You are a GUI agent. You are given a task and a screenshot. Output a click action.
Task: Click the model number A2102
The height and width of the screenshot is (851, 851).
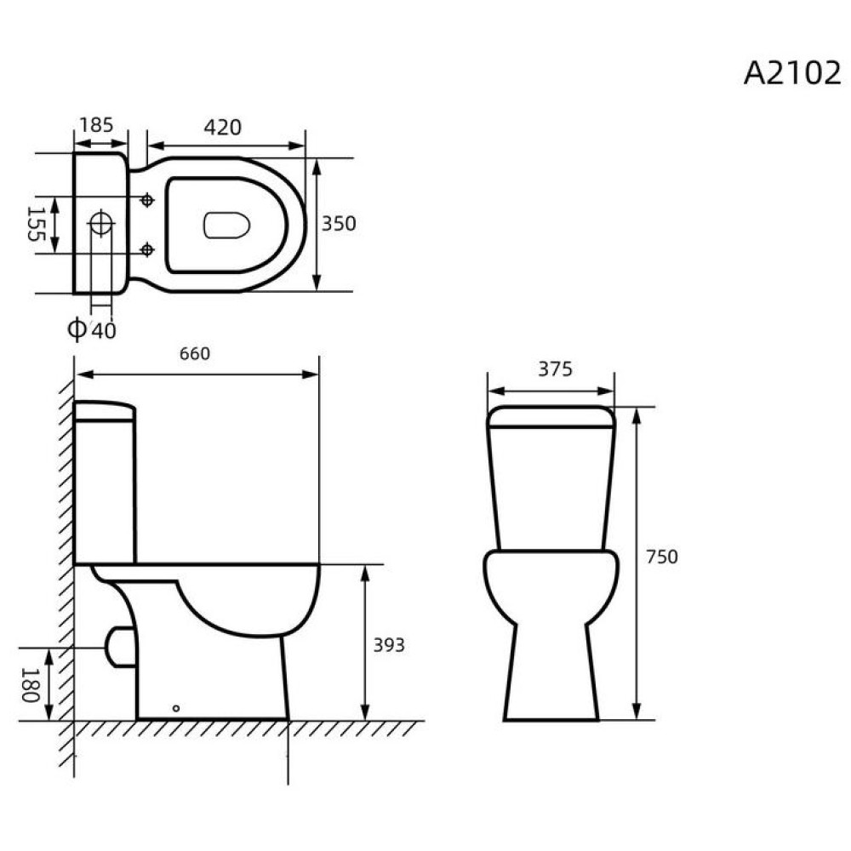(x=791, y=72)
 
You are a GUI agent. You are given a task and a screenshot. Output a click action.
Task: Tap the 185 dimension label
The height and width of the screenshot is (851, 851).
(x=97, y=125)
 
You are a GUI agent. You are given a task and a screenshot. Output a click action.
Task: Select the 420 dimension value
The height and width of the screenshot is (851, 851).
(x=222, y=128)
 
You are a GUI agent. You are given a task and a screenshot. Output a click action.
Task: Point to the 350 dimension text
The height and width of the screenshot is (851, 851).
(x=339, y=224)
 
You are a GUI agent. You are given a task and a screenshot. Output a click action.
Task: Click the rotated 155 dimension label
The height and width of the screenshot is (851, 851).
(x=36, y=224)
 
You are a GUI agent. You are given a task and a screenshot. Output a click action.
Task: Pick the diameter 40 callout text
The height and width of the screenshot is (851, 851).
(x=91, y=329)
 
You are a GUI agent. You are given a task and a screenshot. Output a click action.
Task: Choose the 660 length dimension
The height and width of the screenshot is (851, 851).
(x=195, y=354)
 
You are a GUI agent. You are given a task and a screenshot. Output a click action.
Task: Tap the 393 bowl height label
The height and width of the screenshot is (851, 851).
(x=389, y=645)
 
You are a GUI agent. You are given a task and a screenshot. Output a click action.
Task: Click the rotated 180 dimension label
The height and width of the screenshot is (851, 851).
(x=31, y=685)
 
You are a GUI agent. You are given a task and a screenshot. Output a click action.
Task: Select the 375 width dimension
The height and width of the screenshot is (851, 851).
(x=555, y=369)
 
